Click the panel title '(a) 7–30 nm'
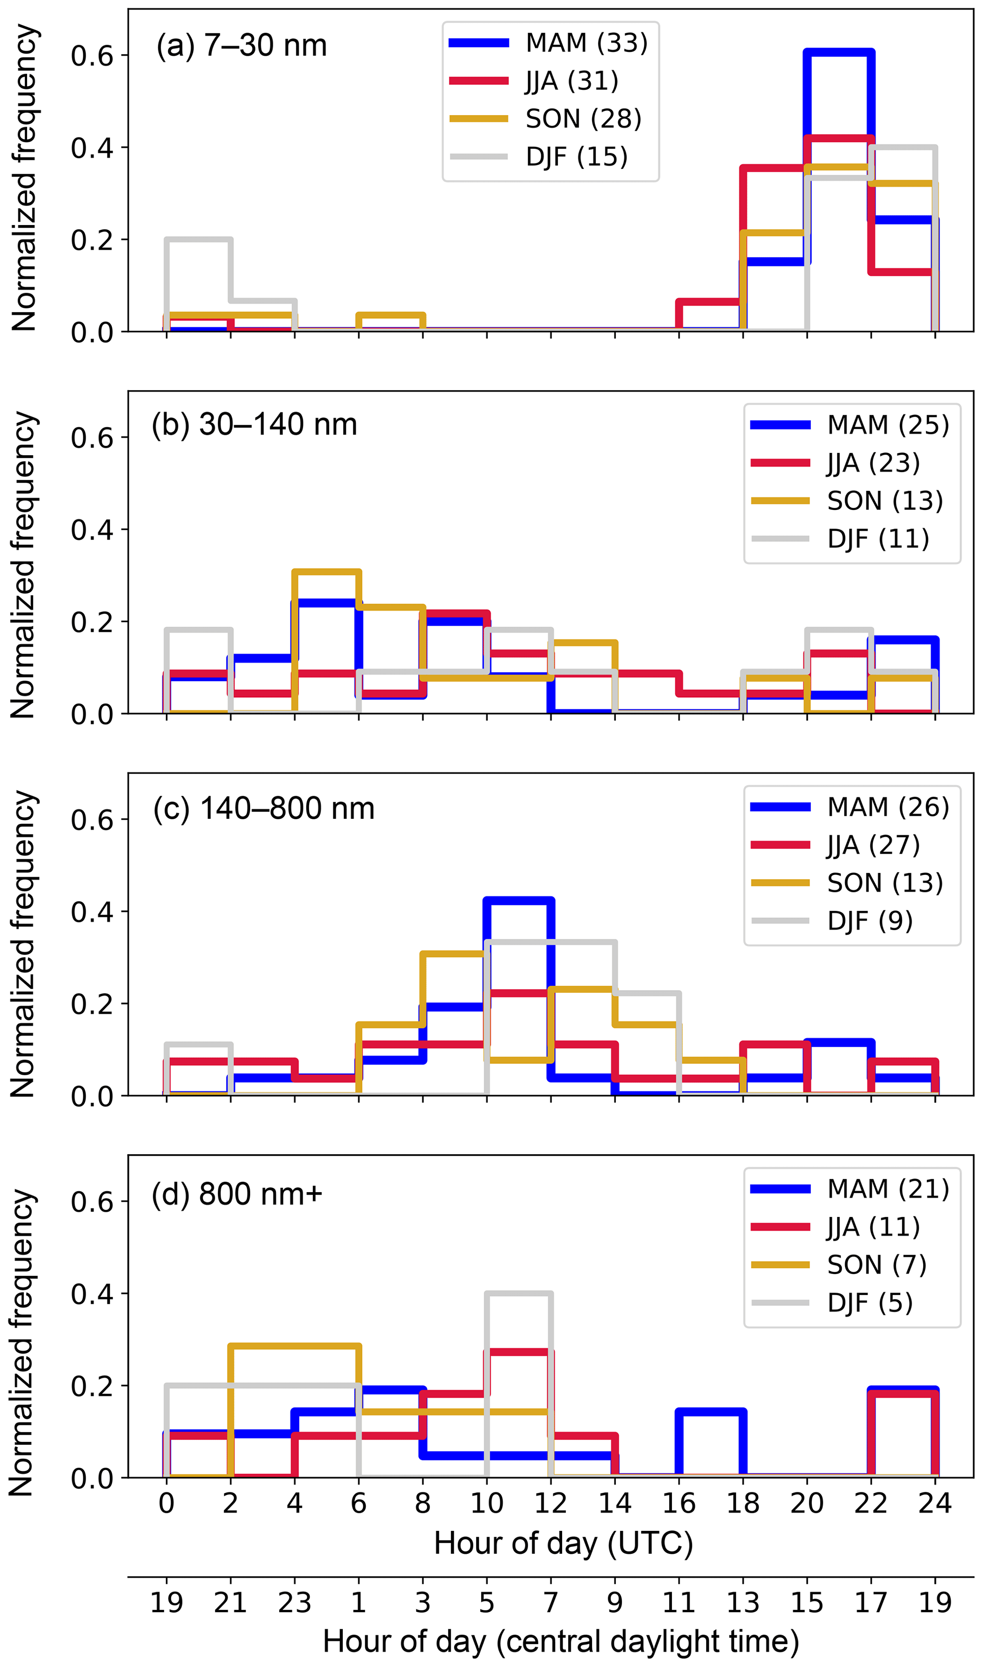(242, 46)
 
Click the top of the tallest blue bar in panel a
(838, 52)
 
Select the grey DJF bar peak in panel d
(519, 1294)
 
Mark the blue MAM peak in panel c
(519, 901)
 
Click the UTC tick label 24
(934, 1503)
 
